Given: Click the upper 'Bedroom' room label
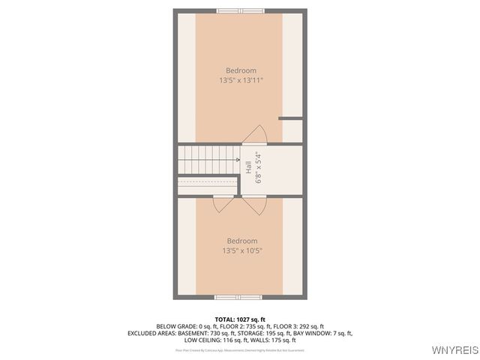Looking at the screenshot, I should tap(241, 70).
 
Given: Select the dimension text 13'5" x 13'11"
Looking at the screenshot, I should tap(241, 80).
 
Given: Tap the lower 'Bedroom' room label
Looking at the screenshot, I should tap(241, 241).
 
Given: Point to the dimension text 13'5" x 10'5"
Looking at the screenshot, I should tap(241, 250).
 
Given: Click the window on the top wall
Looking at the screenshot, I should tap(240, 10).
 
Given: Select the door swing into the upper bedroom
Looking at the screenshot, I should tap(256, 134).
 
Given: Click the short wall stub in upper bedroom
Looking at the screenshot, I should tap(290, 118).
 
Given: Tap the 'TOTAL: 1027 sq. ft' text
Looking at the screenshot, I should tap(240, 319).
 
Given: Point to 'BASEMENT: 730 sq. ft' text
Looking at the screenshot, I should tap(199, 333).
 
